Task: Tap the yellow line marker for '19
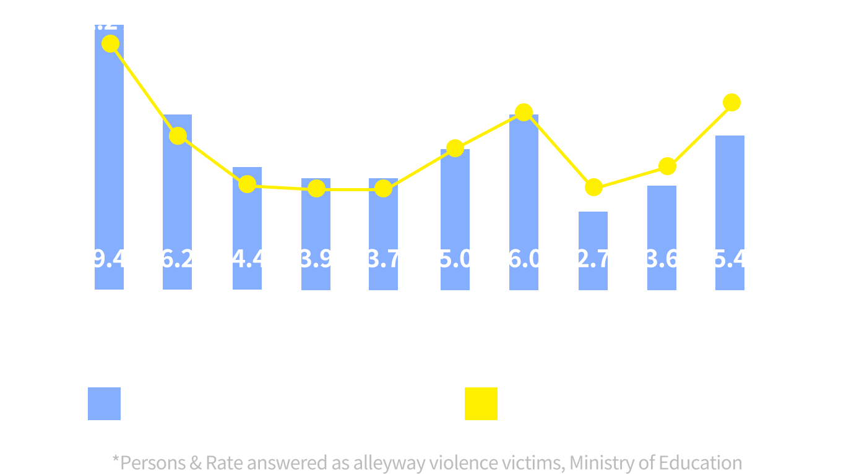524,112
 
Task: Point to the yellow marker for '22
731,103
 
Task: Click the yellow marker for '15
247,184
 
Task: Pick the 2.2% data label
111,22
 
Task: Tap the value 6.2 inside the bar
178,259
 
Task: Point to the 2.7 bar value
593,259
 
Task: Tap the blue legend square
104,403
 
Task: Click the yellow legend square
481,403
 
